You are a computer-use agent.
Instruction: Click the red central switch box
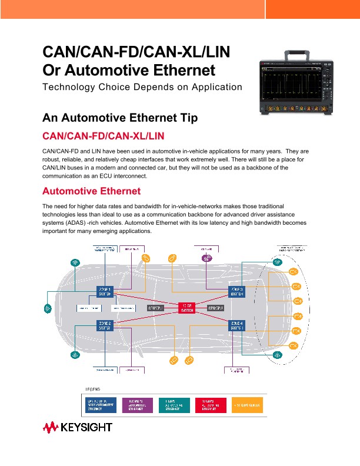[186, 307]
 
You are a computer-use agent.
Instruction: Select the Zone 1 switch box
[105, 291]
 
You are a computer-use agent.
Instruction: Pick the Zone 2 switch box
[105, 325]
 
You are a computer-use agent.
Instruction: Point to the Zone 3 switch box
[237, 291]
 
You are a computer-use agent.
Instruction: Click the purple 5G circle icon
[206, 258]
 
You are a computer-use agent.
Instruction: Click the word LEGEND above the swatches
[95, 390]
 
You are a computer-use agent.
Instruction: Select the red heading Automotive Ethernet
[92, 191]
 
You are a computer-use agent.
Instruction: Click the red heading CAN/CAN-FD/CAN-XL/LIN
[104, 137]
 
